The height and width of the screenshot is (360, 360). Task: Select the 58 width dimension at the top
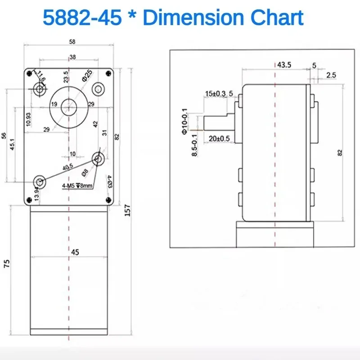(x=72, y=41)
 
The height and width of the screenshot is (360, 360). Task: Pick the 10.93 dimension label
(x=28, y=118)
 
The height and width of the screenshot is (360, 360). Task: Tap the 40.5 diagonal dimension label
(x=68, y=166)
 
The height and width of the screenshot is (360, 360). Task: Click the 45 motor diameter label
(x=75, y=252)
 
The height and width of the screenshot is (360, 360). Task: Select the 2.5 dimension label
(x=331, y=75)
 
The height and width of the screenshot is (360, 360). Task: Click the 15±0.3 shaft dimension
(x=215, y=94)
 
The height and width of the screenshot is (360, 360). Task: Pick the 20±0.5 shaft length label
(x=219, y=138)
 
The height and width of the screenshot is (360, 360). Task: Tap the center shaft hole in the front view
(x=68, y=106)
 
